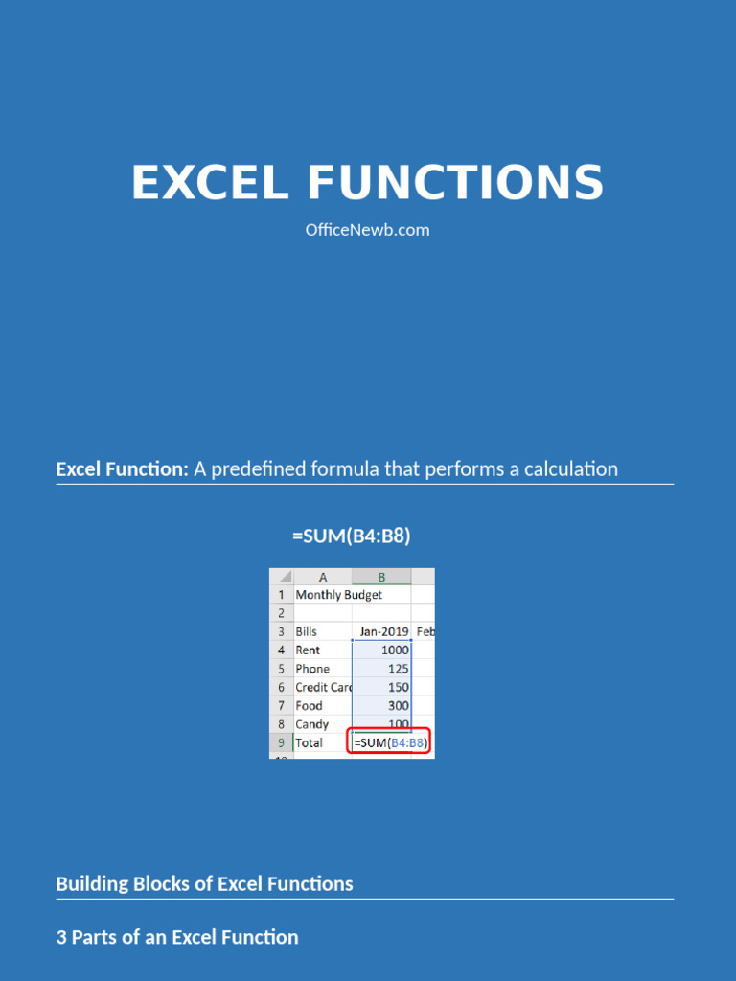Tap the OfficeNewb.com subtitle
tap(367, 230)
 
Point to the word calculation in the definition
tap(570, 468)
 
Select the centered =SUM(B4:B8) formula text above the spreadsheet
tap(351, 536)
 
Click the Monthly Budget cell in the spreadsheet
tap(338, 595)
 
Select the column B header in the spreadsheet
tap(381, 577)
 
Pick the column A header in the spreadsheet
tap(323, 577)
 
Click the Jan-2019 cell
tap(383, 632)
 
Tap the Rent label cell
tap(308, 650)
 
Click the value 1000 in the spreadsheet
tap(395, 650)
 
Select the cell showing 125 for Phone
tap(398, 669)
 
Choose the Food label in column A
tap(309, 706)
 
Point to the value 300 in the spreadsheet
tap(398, 706)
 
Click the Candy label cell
tap(311, 724)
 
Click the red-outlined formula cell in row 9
tap(388, 742)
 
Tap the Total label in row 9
tap(309, 742)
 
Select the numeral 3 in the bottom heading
tap(61, 937)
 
